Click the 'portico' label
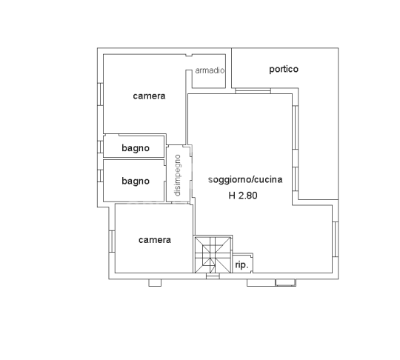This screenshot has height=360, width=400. (283, 70)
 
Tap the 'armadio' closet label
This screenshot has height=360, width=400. (209, 71)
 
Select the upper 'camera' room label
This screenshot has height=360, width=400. (149, 96)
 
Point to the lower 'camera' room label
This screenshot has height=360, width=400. (155, 240)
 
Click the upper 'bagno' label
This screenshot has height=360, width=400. (136, 148)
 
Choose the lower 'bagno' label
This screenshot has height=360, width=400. (136, 181)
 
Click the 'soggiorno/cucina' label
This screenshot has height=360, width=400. (245, 180)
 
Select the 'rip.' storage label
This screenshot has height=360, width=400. (241, 264)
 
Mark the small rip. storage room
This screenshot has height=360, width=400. (242, 262)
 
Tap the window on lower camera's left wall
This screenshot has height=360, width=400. (112, 240)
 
